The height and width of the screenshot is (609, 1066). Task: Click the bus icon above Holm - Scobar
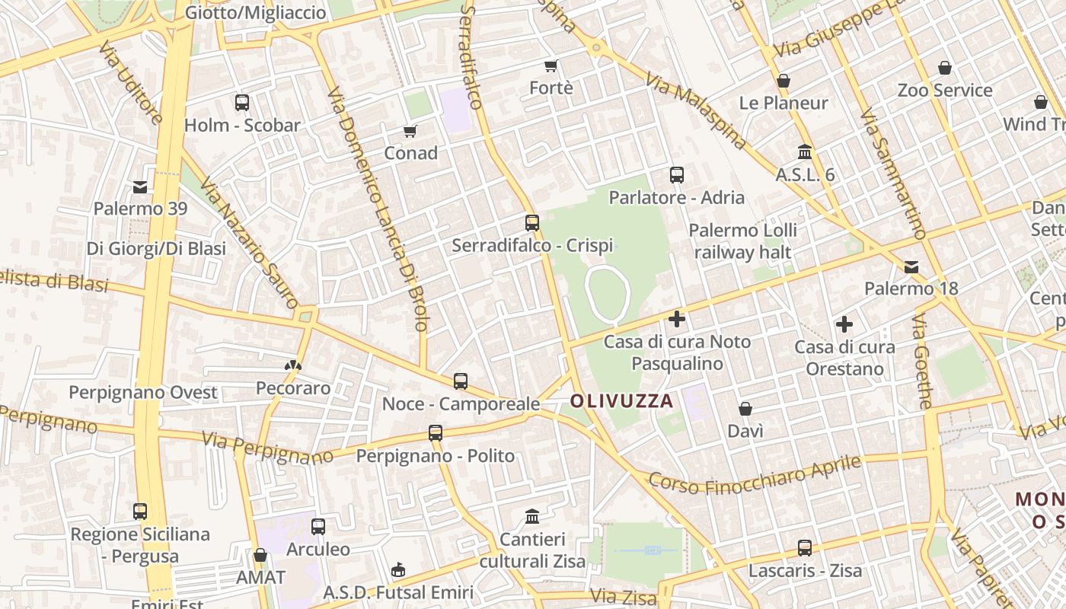tap(242, 103)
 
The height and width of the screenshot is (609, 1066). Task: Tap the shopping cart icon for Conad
tap(410, 131)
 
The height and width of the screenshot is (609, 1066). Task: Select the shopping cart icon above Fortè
tap(551, 66)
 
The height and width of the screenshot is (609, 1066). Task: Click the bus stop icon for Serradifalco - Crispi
tap(532, 223)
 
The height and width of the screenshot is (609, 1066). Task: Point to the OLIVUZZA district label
tap(622, 400)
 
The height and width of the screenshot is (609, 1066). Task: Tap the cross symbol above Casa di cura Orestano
tap(844, 325)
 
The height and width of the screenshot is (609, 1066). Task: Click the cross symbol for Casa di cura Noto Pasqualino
tap(676, 319)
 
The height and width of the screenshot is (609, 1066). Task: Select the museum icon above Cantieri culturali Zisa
tap(532, 517)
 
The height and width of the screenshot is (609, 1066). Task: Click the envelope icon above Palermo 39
tap(140, 187)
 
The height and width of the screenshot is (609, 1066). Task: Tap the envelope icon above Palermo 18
tap(911, 267)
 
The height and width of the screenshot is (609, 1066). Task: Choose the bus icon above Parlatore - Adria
tap(676, 175)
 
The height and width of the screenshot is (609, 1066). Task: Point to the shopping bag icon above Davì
tap(745, 409)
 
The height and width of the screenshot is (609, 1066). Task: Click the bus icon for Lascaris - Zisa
tap(804, 548)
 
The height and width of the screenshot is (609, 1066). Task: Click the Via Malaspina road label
tap(695, 110)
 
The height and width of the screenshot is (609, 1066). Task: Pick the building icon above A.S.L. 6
tap(805, 151)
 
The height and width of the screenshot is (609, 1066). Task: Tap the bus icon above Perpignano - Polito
tap(436, 433)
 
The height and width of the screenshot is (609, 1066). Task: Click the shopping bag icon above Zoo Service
tap(944, 68)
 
